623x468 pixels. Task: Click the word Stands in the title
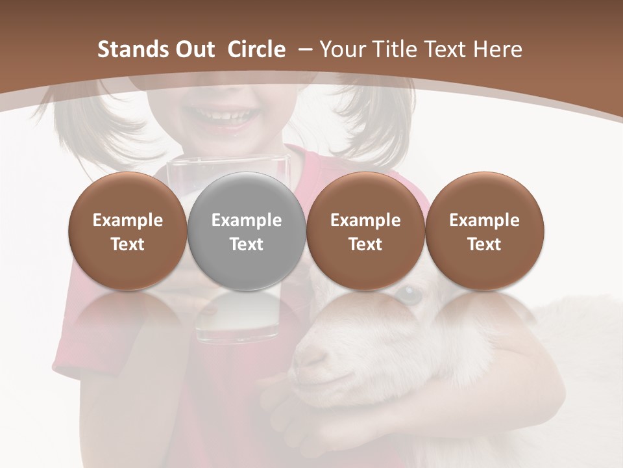tap(132, 49)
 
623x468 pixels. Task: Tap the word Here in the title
tap(498, 49)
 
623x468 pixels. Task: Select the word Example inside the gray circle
tap(247, 220)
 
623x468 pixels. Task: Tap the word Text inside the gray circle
tap(247, 244)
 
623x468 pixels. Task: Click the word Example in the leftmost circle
tap(128, 220)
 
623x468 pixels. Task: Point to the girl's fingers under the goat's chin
tap(292, 413)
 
